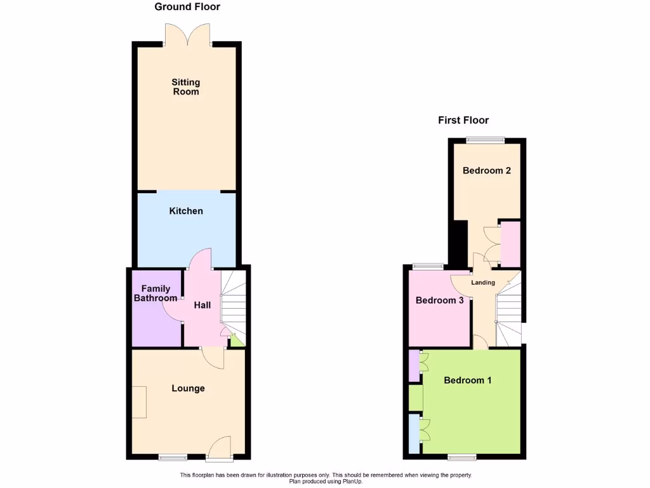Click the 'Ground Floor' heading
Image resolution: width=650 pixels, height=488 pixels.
tap(187, 7)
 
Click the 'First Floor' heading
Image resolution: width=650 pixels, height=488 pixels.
tap(463, 120)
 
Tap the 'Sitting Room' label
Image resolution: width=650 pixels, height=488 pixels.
tap(186, 87)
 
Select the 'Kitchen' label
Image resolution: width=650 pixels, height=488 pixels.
tap(186, 211)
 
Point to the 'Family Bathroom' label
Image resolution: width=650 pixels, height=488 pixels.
tap(156, 294)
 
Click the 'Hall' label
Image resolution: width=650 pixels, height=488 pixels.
tap(202, 306)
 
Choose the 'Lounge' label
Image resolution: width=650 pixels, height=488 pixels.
tap(188, 388)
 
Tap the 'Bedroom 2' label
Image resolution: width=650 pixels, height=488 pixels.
tap(487, 170)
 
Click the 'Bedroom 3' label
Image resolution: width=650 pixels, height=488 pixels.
tap(439, 301)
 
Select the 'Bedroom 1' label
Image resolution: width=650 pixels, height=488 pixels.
tap(468, 380)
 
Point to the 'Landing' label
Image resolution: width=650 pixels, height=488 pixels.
tap(483, 282)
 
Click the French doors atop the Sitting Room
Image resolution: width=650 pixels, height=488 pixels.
tap(187, 34)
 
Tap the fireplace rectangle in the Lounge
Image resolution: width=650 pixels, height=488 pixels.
tap(139, 402)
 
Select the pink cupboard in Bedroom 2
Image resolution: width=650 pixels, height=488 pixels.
tap(511, 244)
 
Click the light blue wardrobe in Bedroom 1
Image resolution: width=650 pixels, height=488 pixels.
tap(414, 434)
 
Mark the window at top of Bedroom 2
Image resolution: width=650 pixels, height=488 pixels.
tap(486, 140)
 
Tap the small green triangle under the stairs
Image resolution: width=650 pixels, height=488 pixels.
tap(236, 341)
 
